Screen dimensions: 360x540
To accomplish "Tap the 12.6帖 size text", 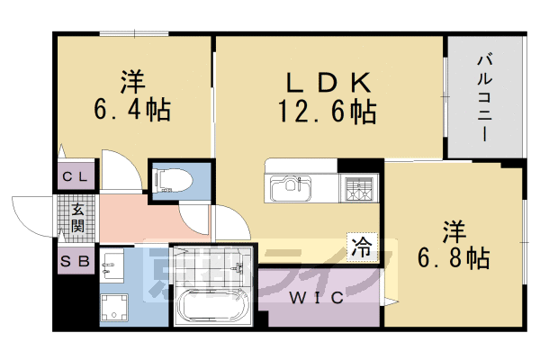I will click(328, 112).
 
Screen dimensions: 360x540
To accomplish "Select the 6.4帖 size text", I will click(132, 111).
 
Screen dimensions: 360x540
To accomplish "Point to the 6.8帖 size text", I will click(454, 259).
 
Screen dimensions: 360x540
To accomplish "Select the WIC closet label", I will click(316, 299).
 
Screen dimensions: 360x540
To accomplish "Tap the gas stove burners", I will click(358, 189).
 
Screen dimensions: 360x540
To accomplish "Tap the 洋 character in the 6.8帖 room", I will click(454, 231).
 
